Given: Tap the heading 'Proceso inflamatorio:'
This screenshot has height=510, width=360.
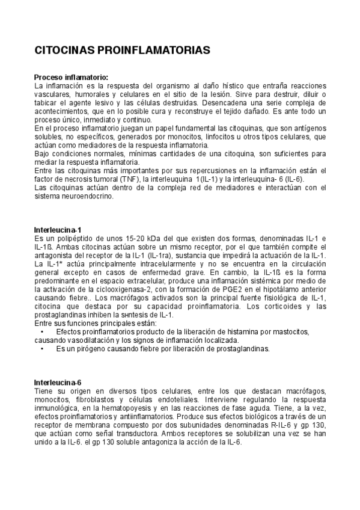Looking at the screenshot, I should pos(71,78).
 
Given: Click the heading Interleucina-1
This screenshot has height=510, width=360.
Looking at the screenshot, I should pos(58,230).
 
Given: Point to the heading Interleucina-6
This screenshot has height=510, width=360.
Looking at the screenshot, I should pos(58,382).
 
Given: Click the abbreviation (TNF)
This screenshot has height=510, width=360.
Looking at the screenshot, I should pos(142,179).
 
